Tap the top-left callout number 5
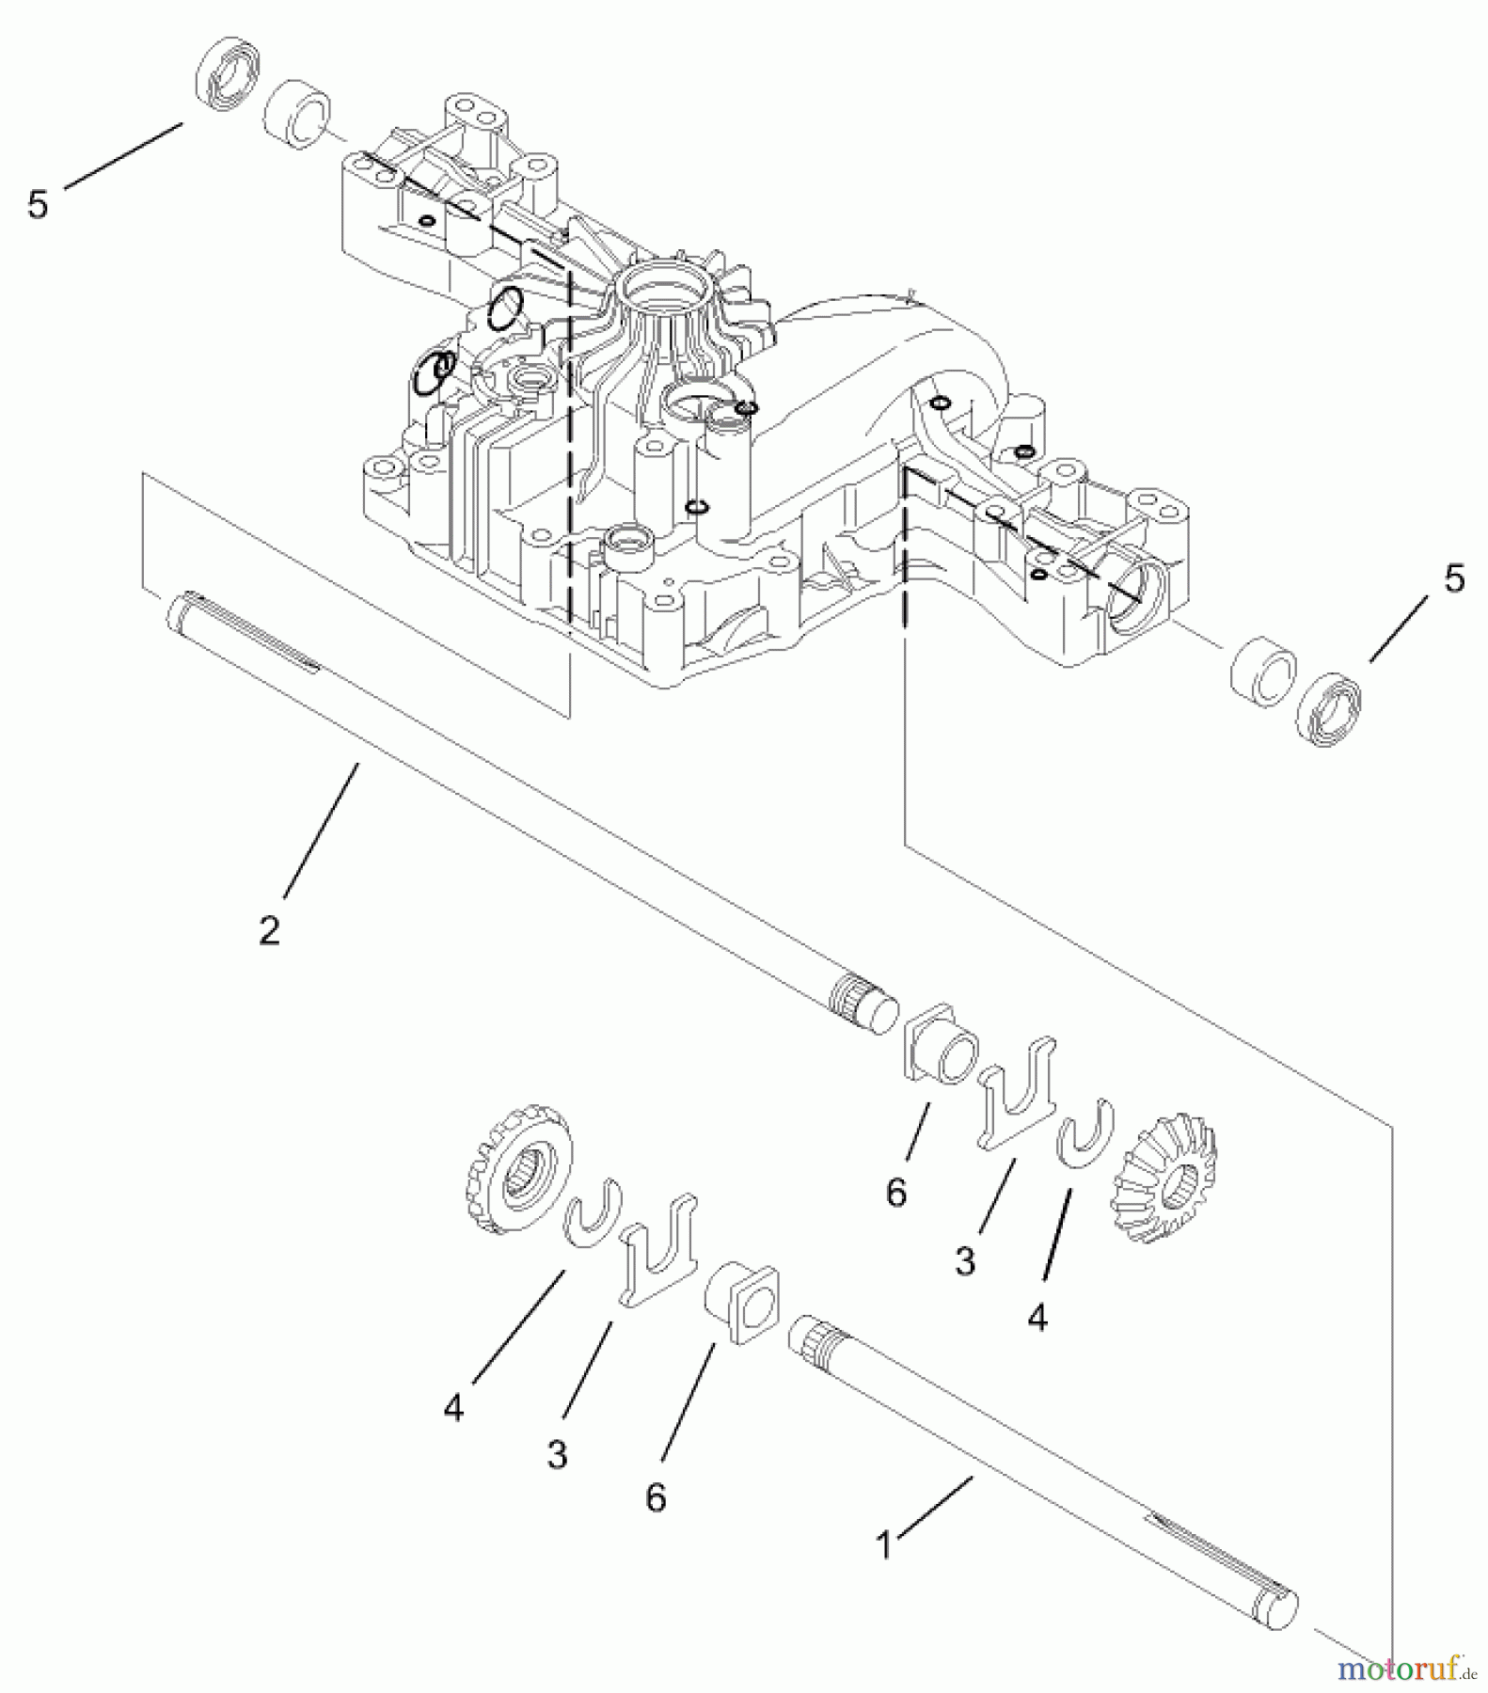[x=38, y=204]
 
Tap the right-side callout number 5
[x=1454, y=578]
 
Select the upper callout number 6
[x=896, y=1193]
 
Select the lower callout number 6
[x=656, y=1496]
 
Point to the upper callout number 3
[x=965, y=1260]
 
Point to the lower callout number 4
[x=454, y=1408]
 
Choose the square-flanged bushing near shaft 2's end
[x=942, y=1053]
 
